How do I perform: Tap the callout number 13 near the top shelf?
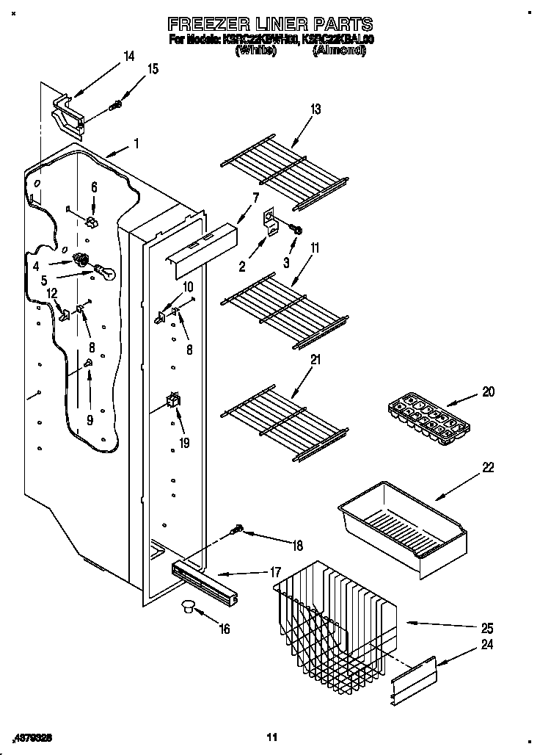(315, 109)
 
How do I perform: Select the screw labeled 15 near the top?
(114, 107)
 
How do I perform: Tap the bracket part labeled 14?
(67, 115)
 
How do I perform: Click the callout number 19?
(183, 442)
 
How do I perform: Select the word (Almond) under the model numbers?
(339, 51)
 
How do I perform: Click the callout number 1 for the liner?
(136, 144)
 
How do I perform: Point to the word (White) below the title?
(255, 51)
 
